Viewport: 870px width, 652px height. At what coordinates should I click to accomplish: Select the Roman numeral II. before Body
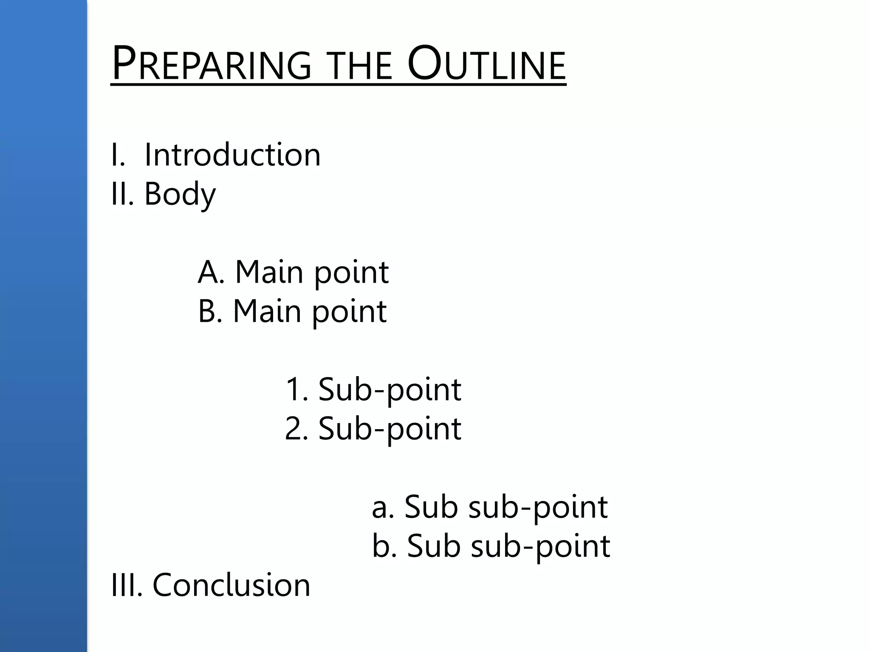[x=122, y=194]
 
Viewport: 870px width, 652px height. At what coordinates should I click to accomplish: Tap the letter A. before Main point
[x=211, y=272]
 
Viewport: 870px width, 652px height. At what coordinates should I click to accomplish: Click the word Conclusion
[x=231, y=585]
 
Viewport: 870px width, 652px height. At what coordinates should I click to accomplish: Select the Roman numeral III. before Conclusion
[x=127, y=585]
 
